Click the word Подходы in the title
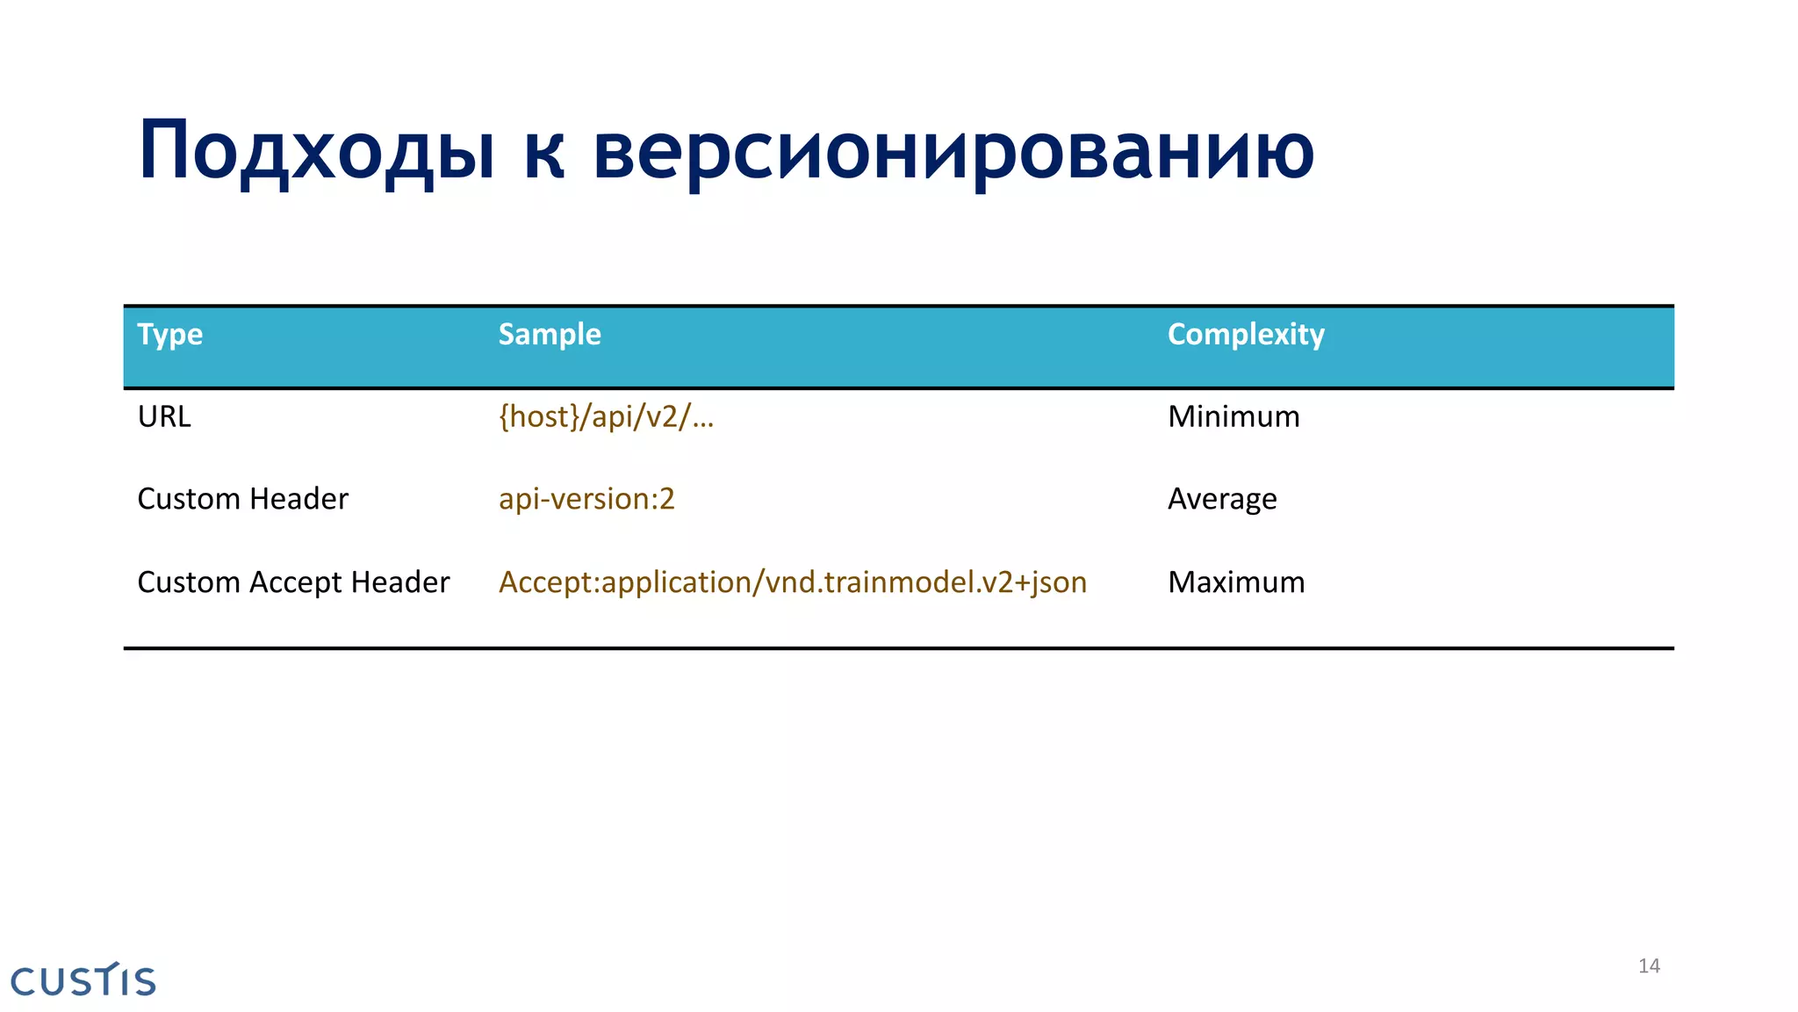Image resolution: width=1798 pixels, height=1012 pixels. pos(316,151)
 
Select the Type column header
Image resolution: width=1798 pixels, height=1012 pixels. pos(170,335)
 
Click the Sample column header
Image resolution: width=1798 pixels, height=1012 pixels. pos(550,335)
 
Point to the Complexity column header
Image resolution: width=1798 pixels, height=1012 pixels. pos(1246,335)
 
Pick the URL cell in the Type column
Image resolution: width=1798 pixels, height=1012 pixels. pos(164,416)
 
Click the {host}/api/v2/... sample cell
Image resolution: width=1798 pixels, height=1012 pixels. pos(606,416)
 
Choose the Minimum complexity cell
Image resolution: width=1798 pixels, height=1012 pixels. pos(1233,416)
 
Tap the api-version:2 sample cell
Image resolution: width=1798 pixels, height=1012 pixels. pos(586,499)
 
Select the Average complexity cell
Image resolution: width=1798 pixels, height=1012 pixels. pos(1222,499)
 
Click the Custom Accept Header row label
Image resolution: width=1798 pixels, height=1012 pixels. pos(293,582)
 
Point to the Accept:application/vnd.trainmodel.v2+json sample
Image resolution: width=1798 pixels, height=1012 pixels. pos(793,582)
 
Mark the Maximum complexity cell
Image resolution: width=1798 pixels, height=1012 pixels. pos(1236,582)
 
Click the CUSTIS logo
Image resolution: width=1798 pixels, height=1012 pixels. pos(83,980)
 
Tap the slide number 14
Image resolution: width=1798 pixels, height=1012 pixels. pos(1649,966)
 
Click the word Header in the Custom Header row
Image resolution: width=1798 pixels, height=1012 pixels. pos(298,499)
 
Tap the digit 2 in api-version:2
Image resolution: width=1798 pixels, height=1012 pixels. pos(666,499)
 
